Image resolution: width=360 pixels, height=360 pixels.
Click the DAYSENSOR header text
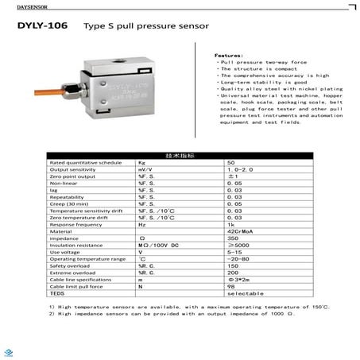(23, 7)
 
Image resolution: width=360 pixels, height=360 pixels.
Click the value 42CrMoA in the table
(240, 231)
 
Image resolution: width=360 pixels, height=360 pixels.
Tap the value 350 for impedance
(232, 238)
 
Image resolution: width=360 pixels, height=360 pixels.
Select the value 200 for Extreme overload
(232, 273)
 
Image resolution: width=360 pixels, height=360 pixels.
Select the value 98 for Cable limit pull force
(230, 286)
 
